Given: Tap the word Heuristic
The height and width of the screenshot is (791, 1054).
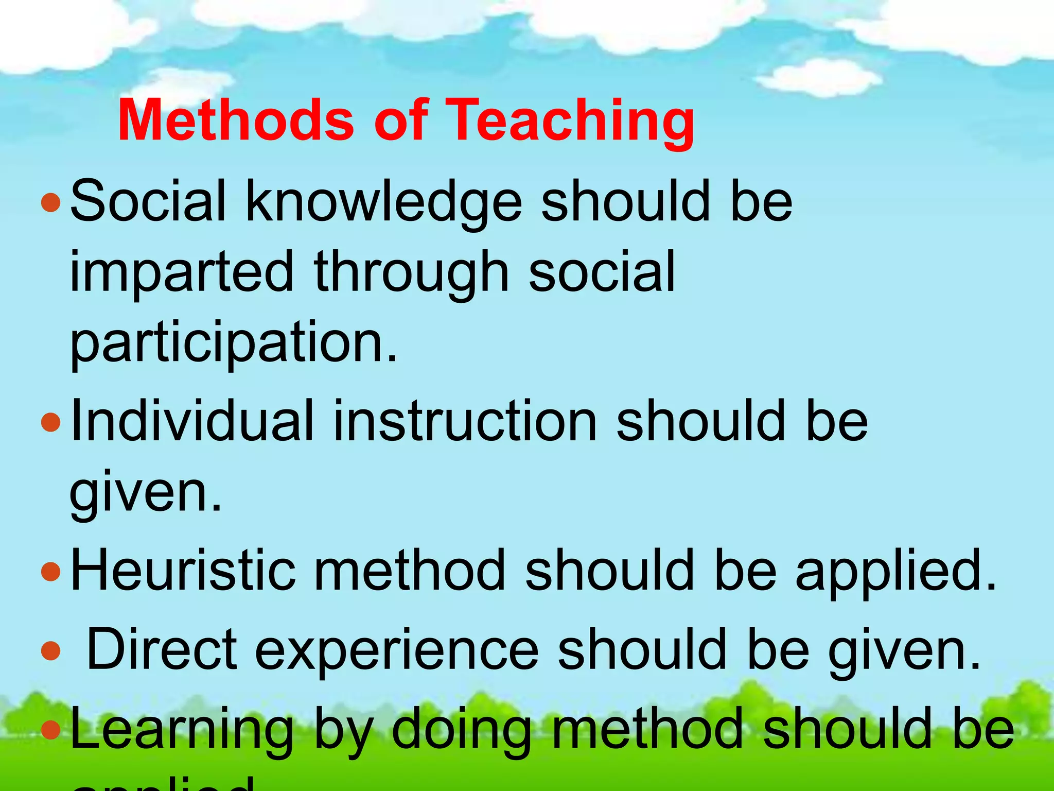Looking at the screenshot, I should coord(183,571).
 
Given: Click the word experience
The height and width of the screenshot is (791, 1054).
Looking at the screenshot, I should coord(396,651).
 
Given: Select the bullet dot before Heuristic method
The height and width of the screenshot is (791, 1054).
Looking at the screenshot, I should coord(50,572).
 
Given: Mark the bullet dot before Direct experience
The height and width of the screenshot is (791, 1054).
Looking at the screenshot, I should coord(50,651).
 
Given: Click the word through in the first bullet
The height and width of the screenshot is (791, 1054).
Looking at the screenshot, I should coord(412,273).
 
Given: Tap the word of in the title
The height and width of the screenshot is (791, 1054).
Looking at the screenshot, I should coord(401,121).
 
